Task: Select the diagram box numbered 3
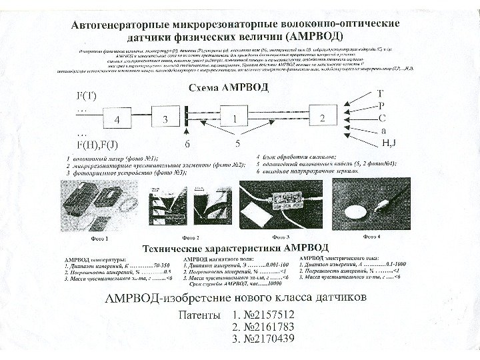pyautogui.click(x=165, y=119)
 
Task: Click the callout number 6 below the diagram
pyautogui.click(x=187, y=143)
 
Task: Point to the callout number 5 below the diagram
pyautogui.click(x=237, y=143)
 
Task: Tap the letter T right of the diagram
pyautogui.click(x=381, y=94)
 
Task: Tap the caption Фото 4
pyautogui.click(x=371, y=236)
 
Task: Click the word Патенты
pyautogui.click(x=199, y=314)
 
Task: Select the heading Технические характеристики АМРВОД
pyautogui.click(x=231, y=248)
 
